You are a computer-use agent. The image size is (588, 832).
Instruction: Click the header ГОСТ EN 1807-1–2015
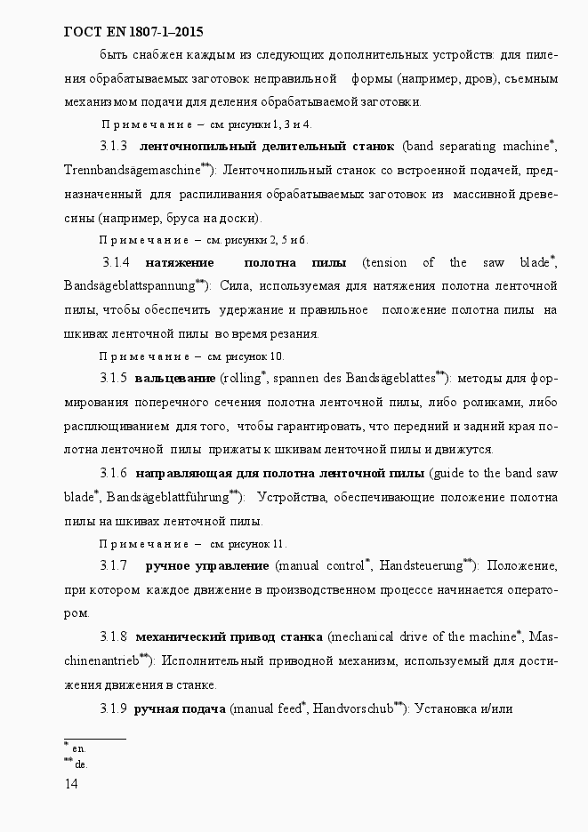pos(134,33)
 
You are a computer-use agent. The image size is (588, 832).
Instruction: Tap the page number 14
pos(71,783)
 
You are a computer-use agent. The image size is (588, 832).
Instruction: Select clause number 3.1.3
pos(114,145)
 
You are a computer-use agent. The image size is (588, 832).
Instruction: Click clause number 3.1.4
pos(117,262)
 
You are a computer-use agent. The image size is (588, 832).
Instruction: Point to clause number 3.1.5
pos(114,379)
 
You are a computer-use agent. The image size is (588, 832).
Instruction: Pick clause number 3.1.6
pos(114,472)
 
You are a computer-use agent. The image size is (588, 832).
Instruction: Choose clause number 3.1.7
pos(114,565)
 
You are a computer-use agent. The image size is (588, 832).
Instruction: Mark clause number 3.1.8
pos(114,636)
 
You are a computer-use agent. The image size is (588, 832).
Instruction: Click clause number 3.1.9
pos(114,708)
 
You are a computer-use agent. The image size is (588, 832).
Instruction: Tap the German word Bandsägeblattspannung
pos(129,286)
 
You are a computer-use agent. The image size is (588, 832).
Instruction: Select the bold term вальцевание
pos(175,379)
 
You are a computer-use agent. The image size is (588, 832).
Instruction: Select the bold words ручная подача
pos(180,708)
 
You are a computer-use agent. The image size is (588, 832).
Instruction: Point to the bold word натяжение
pos(179,262)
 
